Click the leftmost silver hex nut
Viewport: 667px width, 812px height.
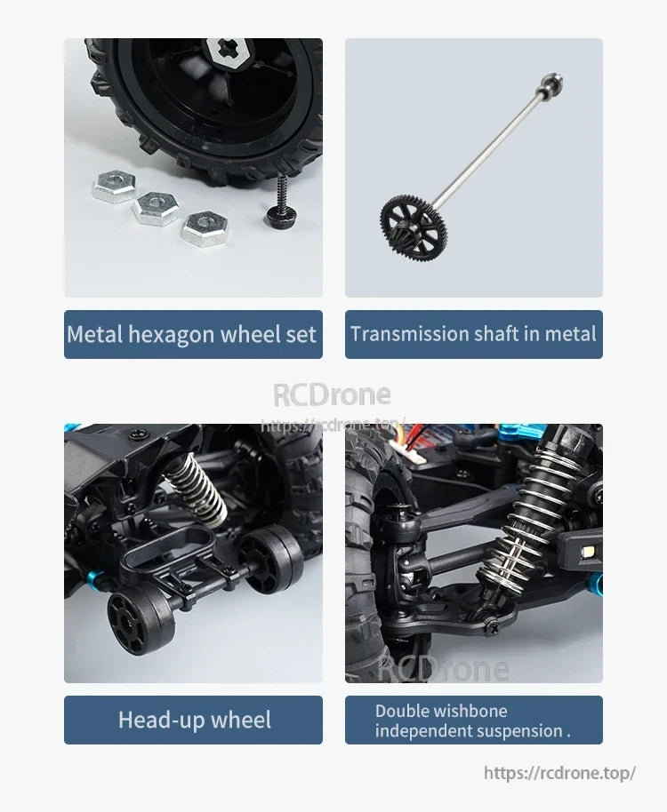113,187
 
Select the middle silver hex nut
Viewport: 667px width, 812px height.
155,209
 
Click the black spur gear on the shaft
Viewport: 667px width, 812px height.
413,215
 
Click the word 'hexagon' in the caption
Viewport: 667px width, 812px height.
171,334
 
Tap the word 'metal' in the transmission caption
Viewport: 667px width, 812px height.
570,334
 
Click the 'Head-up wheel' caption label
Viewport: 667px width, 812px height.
194,720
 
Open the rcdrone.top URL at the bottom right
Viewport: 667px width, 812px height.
559,773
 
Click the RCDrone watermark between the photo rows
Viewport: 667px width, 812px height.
331,394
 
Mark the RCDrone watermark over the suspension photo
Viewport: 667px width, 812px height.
444,667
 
